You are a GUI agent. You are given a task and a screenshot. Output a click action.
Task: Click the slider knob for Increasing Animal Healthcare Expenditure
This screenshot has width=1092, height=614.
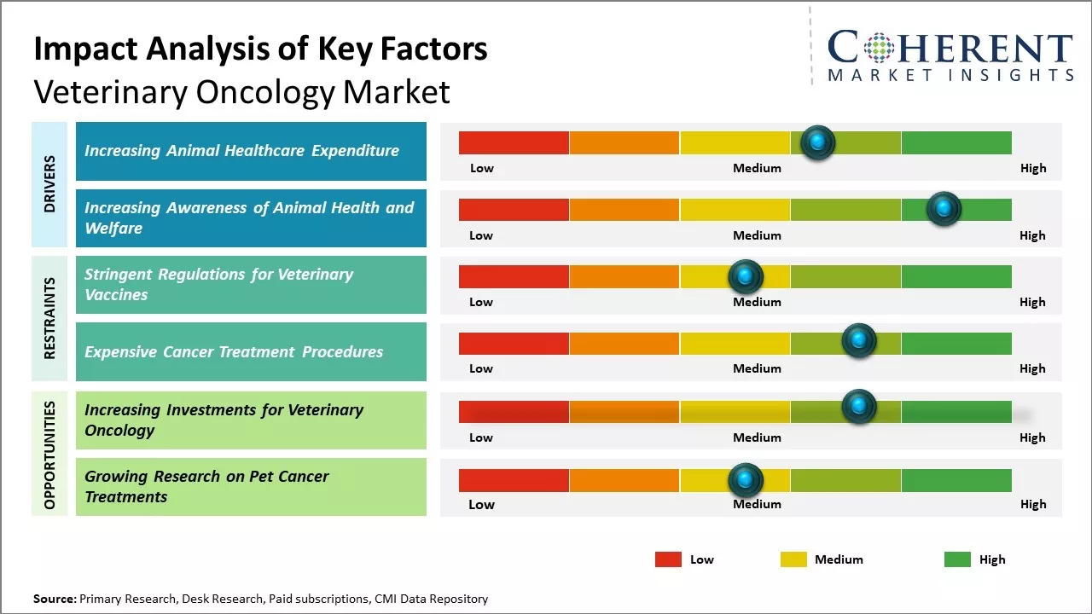coord(818,142)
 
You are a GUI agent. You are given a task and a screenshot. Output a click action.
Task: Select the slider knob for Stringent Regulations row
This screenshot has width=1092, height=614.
coord(745,276)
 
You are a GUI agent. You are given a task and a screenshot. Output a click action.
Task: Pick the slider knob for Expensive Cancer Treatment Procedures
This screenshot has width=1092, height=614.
coord(859,341)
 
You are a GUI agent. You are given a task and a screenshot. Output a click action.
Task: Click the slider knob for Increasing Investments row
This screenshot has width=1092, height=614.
coord(859,407)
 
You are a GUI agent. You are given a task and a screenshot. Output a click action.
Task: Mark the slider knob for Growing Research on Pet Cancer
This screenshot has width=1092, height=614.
coord(745,481)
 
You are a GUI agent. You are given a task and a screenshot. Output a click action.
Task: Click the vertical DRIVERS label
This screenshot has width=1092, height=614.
coord(49,184)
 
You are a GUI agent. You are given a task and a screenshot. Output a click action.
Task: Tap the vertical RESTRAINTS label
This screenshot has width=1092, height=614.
coord(49,318)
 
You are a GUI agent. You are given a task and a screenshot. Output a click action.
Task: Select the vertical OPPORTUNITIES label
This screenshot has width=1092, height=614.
coord(49,455)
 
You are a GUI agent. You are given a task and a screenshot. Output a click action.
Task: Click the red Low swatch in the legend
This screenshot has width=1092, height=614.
coord(668,559)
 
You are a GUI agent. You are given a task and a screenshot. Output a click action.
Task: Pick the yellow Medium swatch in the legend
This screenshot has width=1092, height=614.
coord(793,559)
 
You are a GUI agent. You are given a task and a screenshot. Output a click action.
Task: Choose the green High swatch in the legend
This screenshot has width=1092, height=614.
coord(957,559)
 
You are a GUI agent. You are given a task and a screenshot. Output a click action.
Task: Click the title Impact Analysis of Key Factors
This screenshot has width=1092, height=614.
coord(260,49)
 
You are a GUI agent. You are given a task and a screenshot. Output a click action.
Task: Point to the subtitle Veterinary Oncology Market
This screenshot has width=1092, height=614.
coord(241,92)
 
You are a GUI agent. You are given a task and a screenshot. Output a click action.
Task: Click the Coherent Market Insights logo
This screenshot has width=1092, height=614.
coord(950,55)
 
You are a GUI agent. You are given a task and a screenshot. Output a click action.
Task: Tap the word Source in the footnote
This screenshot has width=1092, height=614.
coord(54,599)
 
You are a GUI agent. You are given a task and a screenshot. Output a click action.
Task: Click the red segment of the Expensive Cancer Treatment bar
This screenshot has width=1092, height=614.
coord(514,343)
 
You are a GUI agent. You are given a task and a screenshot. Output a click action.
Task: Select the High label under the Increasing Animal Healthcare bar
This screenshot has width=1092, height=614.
coord(1032,168)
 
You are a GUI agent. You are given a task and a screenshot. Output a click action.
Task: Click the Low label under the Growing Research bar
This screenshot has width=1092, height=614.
coord(481,504)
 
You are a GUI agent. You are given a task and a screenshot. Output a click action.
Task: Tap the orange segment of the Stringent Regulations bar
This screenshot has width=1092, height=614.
coord(624,276)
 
